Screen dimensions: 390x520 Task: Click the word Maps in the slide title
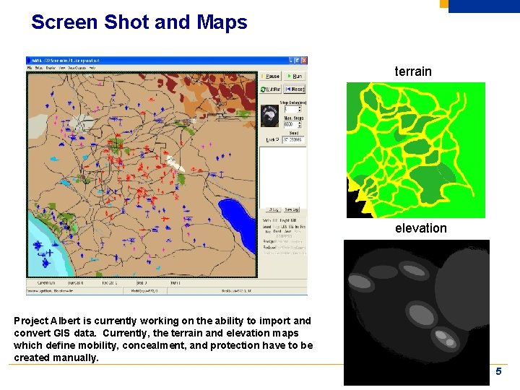point(221,22)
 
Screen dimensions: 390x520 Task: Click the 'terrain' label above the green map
point(412,71)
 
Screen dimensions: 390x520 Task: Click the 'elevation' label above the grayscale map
point(420,228)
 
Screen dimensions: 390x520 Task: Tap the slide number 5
point(498,370)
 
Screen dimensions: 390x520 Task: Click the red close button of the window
point(304,61)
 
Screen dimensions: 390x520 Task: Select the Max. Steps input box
point(293,124)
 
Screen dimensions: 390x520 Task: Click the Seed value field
point(293,139)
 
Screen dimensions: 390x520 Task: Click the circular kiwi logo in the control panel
point(270,116)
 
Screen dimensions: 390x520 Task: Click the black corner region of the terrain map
point(354,206)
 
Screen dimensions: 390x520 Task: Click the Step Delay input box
point(293,110)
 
